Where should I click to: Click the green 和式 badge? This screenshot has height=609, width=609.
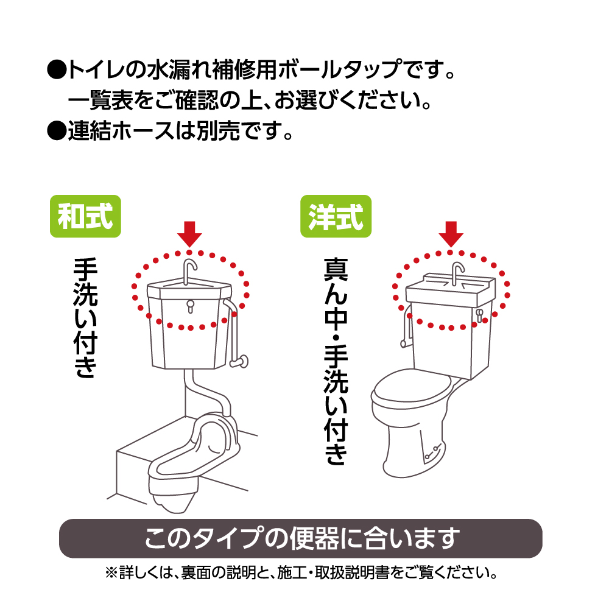coord(85,216)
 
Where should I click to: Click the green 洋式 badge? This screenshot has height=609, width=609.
coord(336,216)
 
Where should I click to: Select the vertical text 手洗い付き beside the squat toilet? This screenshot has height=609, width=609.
coord(85,317)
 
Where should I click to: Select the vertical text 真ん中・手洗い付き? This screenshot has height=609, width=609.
coord(336,361)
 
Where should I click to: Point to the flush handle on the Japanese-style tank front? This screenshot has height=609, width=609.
coord(190,306)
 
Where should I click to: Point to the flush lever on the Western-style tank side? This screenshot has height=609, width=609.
coord(479,315)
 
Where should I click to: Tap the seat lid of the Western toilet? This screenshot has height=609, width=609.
coord(412,387)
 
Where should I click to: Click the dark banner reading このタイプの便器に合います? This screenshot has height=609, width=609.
coord(301,538)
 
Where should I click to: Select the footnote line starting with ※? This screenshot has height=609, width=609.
coord(301,572)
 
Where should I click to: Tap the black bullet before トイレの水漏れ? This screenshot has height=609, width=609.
coord(57,70)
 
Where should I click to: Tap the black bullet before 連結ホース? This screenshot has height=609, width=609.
coord(57,131)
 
